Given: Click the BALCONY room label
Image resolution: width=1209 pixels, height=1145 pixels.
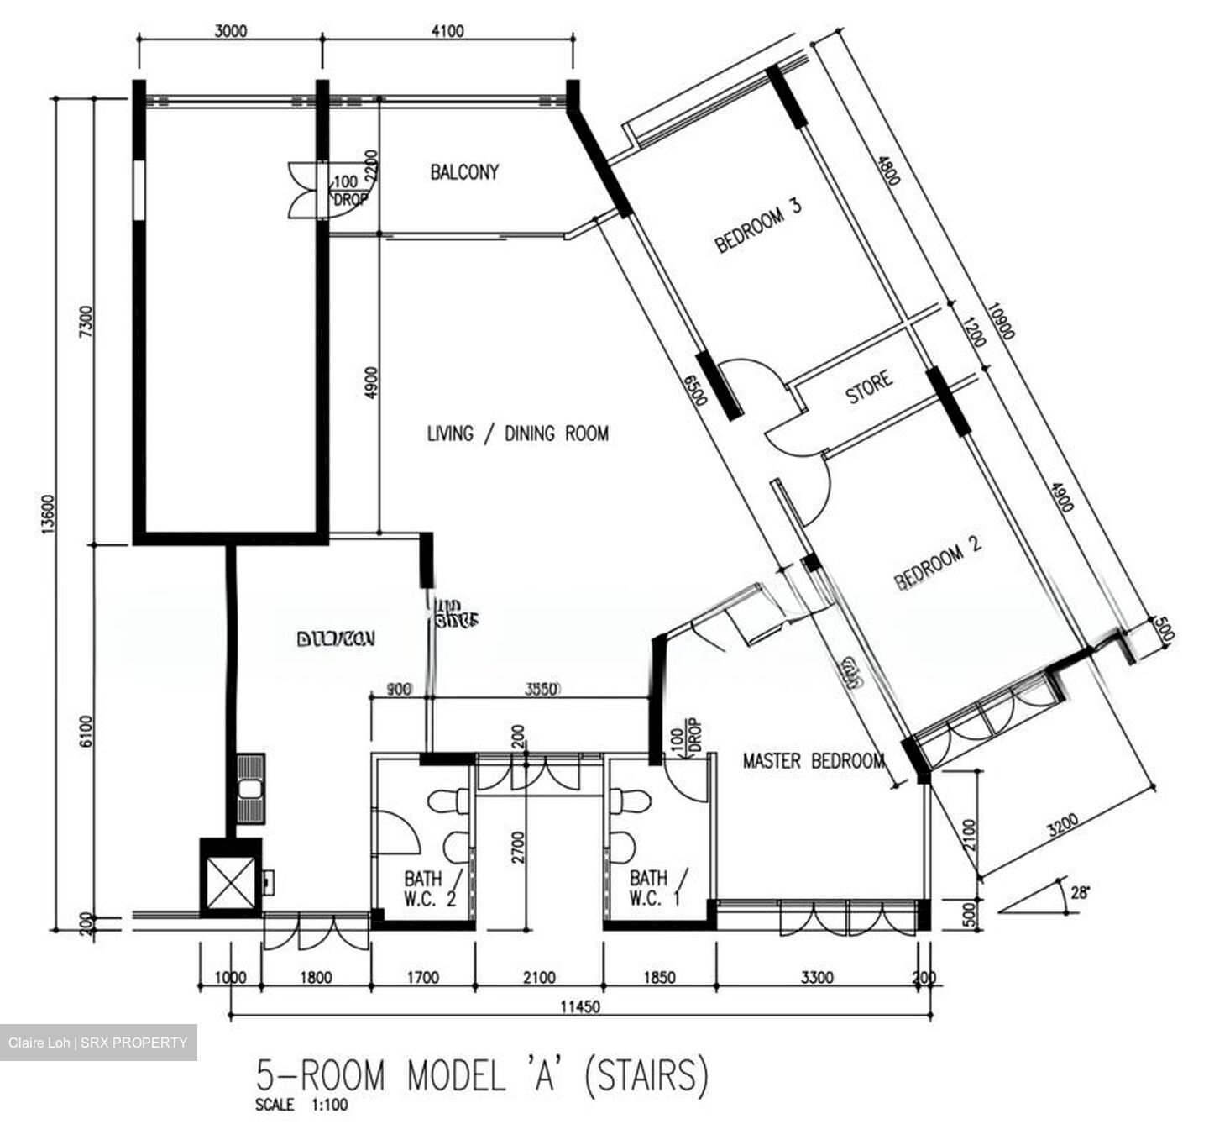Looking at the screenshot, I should click(x=464, y=172).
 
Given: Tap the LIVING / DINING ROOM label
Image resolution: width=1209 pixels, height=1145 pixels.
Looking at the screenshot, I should click(x=517, y=433).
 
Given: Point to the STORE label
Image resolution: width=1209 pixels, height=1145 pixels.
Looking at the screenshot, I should click(x=868, y=387).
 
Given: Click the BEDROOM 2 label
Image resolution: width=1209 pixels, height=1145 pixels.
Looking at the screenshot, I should click(x=937, y=563).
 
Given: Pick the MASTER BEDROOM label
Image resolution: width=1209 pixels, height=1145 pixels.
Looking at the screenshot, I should click(x=813, y=761).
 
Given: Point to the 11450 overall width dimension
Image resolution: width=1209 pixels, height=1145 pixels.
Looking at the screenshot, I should click(x=579, y=1006).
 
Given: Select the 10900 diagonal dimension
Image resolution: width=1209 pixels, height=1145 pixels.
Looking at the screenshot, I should click(x=1001, y=321).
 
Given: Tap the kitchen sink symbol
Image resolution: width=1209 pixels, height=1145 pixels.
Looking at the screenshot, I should click(x=249, y=790).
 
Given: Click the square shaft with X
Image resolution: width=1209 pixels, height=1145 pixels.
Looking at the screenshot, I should click(x=230, y=878).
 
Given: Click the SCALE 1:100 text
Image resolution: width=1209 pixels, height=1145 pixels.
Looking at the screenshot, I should click(x=301, y=1105).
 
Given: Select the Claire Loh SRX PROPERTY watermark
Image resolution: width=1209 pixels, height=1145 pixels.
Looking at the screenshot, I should click(x=98, y=1043).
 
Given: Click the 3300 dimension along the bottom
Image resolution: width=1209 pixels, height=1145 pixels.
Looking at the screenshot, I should click(x=816, y=977).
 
